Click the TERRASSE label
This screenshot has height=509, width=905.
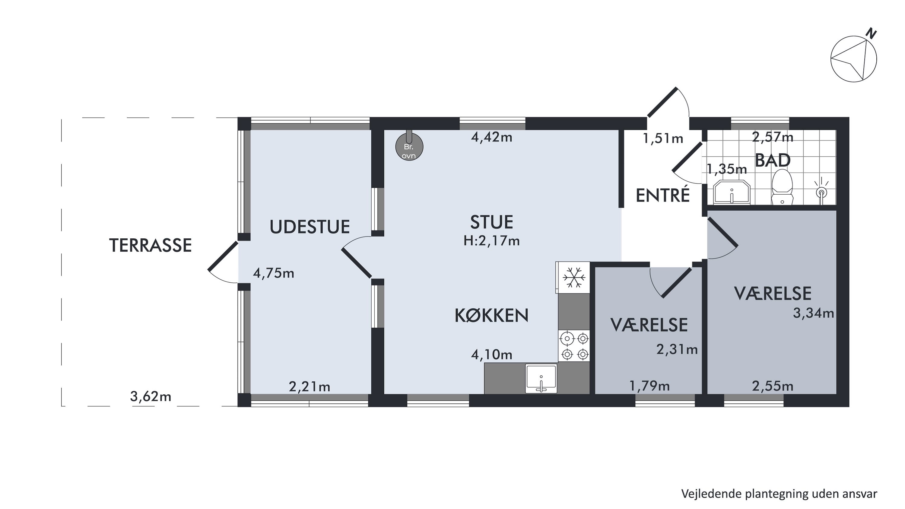tap(150, 245)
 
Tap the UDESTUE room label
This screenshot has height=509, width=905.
tap(310, 227)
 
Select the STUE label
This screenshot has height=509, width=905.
tap(491, 222)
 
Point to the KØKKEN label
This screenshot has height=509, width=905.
tap(491, 315)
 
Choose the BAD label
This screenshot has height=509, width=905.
tap(773, 161)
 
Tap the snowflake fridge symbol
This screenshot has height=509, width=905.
tap(574, 278)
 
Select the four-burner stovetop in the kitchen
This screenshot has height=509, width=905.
tap(574, 346)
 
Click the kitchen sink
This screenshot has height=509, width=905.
tap(541, 378)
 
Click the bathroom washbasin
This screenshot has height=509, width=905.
tap(732, 192)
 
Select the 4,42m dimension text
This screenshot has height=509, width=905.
tap(491, 137)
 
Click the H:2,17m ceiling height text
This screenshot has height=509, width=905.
tap(491, 241)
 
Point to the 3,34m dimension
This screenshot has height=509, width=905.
tap(813, 313)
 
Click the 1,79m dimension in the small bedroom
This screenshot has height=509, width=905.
tap(649, 387)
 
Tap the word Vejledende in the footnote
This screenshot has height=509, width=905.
tap(711, 494)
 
